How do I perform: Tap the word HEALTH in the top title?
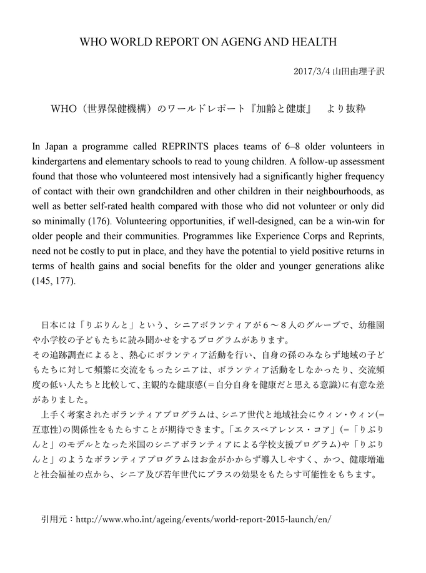[x=315, y=42]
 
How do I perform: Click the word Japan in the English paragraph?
[x=58, y=147]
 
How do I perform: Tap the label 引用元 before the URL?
[x=54, y=519]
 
